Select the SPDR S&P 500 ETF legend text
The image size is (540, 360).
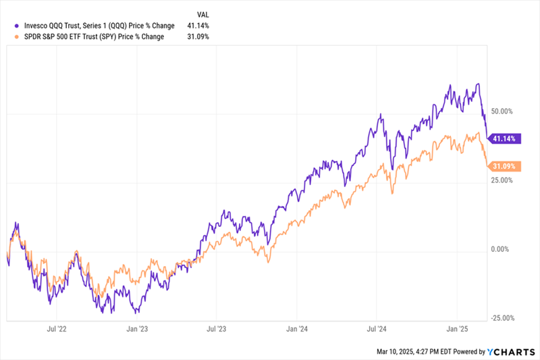click(88, 36)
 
